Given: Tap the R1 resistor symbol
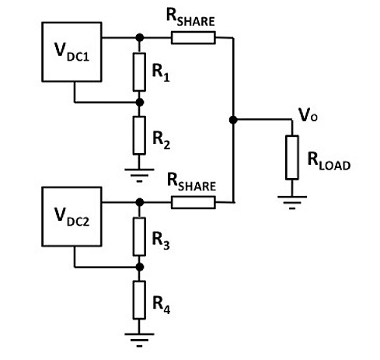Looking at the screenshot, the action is click(139, 72).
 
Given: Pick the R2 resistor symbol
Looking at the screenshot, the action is click(139, 135).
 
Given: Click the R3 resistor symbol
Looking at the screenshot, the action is click(139, 236).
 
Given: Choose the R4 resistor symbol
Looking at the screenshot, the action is click(139, 300).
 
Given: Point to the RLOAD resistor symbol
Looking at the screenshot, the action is click(292, 157).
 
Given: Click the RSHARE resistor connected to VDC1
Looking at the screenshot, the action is click(193, 38).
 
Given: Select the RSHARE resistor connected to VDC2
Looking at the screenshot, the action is click(193, 202).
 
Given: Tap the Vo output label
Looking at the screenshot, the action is click(308, 115).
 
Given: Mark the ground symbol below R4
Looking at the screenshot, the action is click(139, 340).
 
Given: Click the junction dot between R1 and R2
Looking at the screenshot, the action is click(140, 103).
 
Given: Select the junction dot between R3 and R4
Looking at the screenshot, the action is click(140, 267).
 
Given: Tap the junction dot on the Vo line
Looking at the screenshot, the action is click(233, 120).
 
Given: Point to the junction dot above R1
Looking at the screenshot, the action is click(140, 38).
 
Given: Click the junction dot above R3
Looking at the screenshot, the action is click(140, 202).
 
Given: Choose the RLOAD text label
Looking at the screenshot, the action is click(329, 161).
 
